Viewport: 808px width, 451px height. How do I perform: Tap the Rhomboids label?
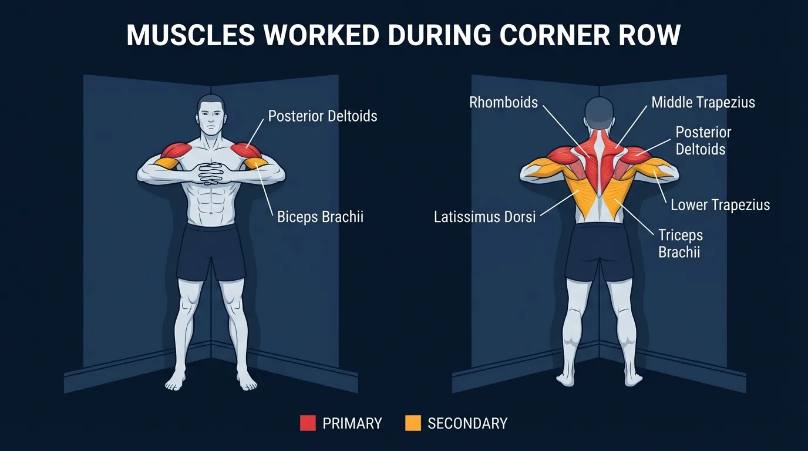503,103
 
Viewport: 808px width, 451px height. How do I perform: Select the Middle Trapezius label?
703,103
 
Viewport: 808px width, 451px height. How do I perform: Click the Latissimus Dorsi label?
484,217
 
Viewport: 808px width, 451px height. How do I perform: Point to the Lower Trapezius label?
720,205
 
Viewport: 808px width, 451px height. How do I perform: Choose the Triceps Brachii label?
680,244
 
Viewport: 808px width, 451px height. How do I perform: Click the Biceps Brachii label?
320,217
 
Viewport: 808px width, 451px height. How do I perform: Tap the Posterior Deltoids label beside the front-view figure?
322,116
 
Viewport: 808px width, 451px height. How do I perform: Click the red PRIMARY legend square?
308,423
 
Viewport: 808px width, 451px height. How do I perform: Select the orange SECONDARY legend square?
413,423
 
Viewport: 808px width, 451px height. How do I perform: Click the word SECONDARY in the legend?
467,423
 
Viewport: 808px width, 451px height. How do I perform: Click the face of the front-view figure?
211,116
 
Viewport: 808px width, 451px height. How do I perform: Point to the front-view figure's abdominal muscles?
211,203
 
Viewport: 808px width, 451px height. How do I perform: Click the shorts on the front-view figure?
211,250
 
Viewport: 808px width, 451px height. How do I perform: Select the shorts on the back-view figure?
599,250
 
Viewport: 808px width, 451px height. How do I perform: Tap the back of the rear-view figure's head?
599,112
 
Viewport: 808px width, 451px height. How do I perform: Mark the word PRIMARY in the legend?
352,423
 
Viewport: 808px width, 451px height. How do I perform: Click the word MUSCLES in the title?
190,35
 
